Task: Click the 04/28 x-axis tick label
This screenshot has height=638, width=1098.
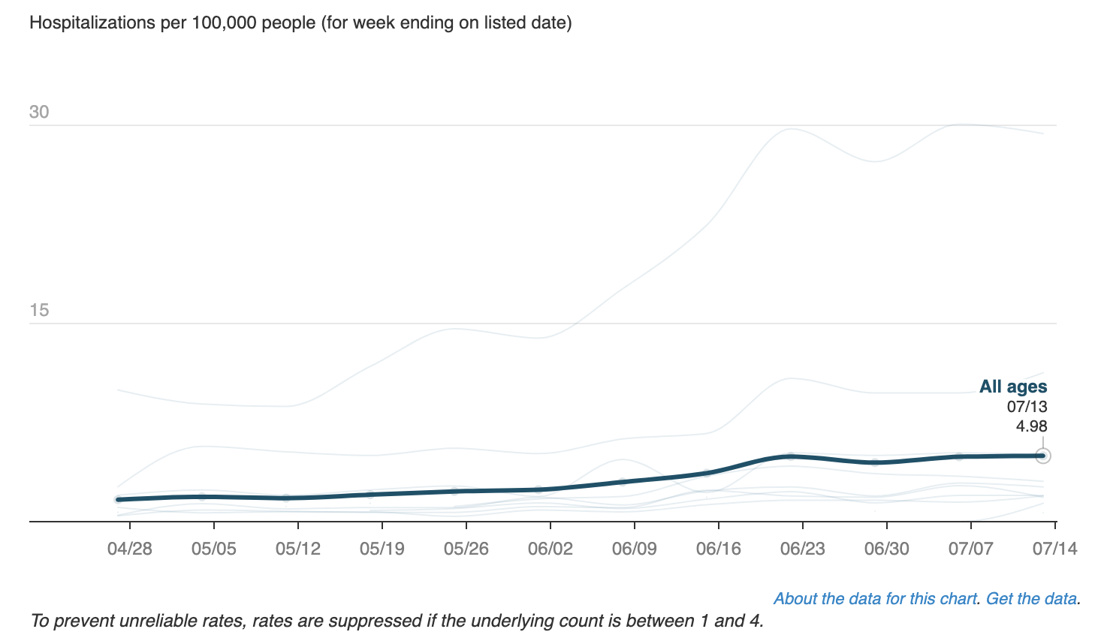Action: pyautogui.click(x=129, y=549)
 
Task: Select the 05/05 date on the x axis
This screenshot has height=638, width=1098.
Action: pyautogui.click(x=213, y=549)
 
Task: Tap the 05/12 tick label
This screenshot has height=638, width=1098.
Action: pyautogui.click(x=297, y=549)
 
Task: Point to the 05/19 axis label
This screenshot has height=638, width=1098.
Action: pyautogui.click(x=382, y=549)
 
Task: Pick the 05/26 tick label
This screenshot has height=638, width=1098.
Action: pyautogui.click(x=466, y=549)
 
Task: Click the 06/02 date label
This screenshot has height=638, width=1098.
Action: pyautogui.click(x=550, y=549)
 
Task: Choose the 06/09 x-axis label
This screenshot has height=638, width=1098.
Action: pyautogui.click(x=634, y=549)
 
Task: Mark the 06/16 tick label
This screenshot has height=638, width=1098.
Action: pyautogui.click(x=718, y=549)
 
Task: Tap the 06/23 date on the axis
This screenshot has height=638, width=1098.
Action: pyautogui.click(x=802, y=549)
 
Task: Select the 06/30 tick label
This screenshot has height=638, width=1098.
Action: pyautogui.click(x=886, y=549)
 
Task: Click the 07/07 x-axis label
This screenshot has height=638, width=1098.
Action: pyautogui.click(x=970, y=549)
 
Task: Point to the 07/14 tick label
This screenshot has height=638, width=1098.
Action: pyautogui.click(x=1054, y=549)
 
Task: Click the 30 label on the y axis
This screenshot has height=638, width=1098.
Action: pyautogui.click(x=39, y=113)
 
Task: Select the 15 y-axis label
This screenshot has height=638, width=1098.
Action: pyautogui.click(x=39, y=311)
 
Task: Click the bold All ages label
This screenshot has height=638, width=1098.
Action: pyautogui.click(x=1012, y=387)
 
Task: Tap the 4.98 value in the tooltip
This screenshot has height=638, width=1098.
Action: pyautogui.click(x=1031, y=426)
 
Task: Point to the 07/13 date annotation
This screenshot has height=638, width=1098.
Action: pyautogui.click(x=1027, y=407)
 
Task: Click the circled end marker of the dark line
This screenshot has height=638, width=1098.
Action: pyautogui.click(x=1042, y=456)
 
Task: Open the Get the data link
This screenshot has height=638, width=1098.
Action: pyautogui.click(x=1031, y=599)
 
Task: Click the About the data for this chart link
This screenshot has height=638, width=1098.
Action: pyautogui.click(x=875, y=599)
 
